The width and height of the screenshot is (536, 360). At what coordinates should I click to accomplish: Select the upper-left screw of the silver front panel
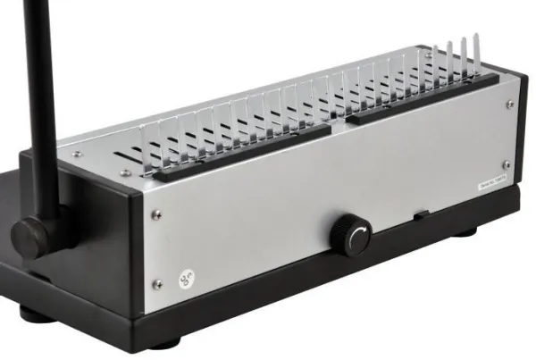[x=156, y=214]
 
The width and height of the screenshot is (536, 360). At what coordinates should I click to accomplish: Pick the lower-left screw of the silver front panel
[x=158, y=285]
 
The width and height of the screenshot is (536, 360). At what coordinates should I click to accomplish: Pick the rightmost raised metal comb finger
[x=476, y=54]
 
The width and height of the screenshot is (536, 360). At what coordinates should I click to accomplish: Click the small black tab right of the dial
[x=417, y=215]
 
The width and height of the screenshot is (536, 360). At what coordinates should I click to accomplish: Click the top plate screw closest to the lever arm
[x=77, y=155]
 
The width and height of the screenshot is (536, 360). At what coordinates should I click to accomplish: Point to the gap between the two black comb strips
[x=339, y=122]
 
